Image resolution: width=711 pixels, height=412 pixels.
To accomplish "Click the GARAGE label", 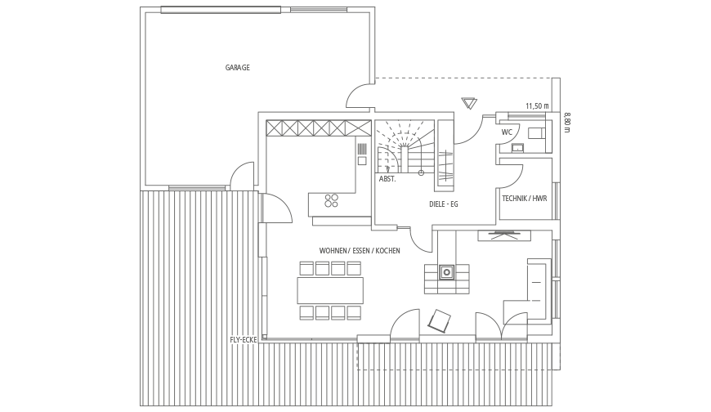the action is point(237,68).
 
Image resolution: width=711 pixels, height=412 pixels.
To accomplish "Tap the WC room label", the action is point(507,132).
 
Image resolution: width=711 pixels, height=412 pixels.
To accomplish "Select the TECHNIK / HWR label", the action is point(524,199).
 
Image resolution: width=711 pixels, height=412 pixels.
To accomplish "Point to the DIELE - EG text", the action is point(444,204).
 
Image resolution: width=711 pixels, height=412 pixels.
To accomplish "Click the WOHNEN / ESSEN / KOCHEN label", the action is point(360,250).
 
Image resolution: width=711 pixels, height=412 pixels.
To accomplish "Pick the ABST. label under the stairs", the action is point(387,179).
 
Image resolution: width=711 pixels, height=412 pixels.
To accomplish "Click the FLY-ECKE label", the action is point(244,340).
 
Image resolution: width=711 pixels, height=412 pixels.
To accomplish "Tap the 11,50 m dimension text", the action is point(537,106).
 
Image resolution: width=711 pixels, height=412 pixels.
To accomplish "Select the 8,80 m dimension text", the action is point(567,123).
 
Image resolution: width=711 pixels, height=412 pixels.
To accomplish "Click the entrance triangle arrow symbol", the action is point(469,103).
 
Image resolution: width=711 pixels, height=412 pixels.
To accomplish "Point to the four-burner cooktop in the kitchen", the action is point(332,200).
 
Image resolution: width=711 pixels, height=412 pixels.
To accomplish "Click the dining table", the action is point(330,290).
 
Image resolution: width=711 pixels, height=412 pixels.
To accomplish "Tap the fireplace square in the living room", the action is point(447,272).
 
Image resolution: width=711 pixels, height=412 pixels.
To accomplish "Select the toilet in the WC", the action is point(536,133).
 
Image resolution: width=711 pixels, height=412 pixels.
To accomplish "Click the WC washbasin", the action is point(517,147).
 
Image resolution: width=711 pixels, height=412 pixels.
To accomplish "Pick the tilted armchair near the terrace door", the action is point(440,321).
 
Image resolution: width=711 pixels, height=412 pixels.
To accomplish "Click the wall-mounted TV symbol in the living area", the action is point(503,235).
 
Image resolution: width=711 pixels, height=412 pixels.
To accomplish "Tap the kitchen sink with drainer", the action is point(362,154).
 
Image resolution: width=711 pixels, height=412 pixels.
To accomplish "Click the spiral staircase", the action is point(405,146).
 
